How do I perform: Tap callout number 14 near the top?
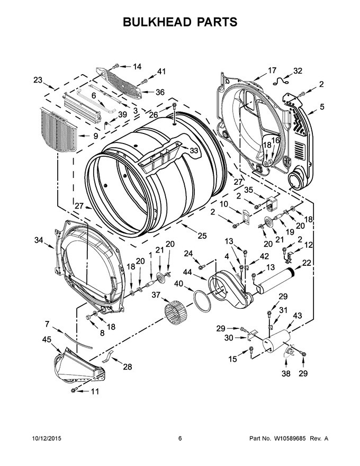137,67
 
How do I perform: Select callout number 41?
161,71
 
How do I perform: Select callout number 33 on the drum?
194,151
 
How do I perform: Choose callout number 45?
47,339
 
